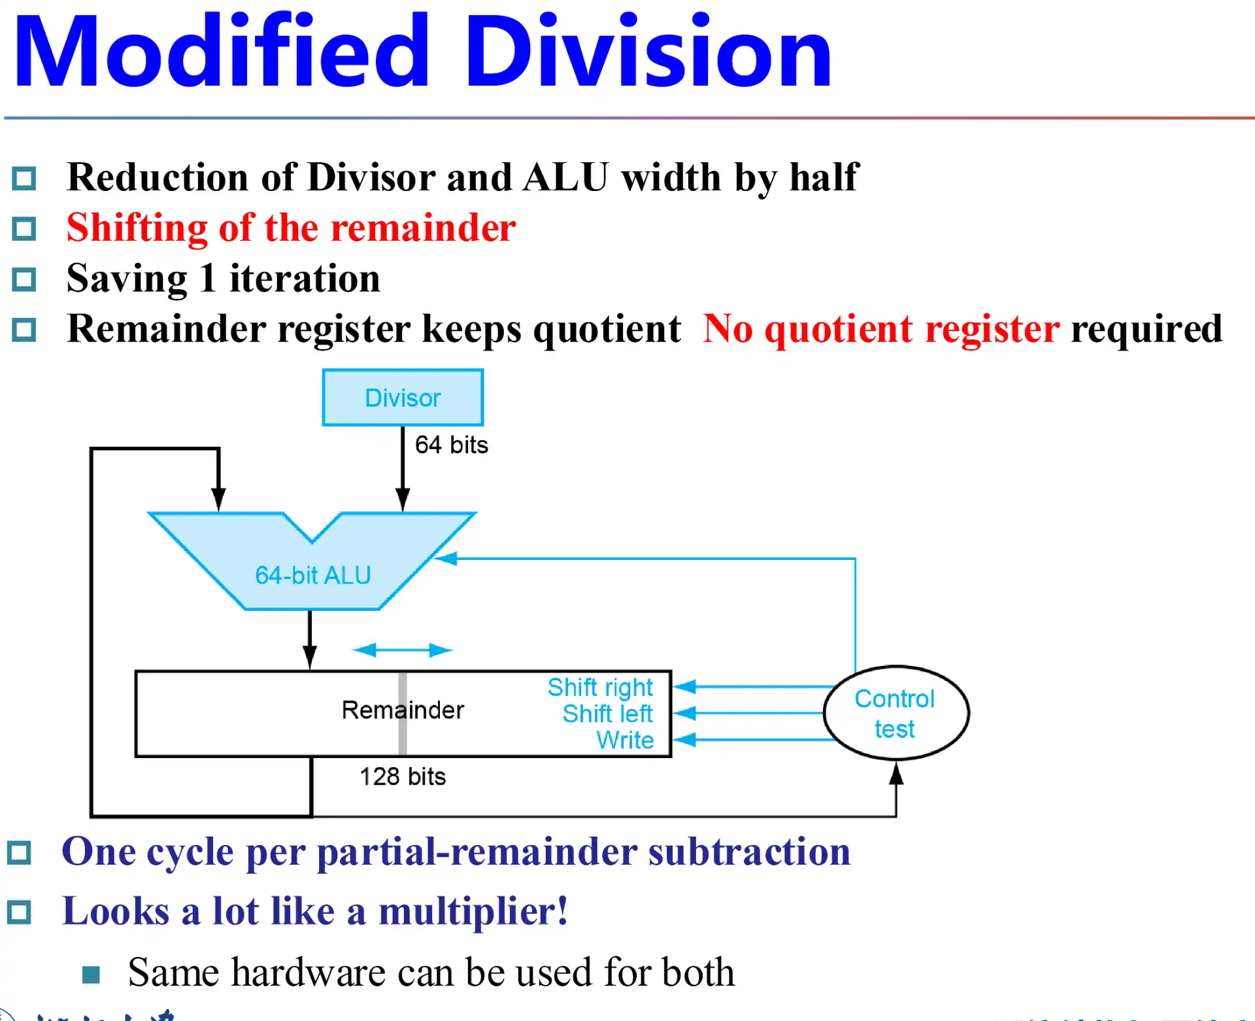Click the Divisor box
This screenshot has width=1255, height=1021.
pyautogui.click(x=403, y=398)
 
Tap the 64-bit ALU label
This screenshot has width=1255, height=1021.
pyautogui.click(x=312, y=576)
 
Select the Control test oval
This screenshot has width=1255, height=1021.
pyautogui.click(x=895, y=713)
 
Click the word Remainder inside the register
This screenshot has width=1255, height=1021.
pyautogui.click(x=402, y=710)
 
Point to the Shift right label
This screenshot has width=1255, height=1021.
pyautogui.click(x=600, y=687)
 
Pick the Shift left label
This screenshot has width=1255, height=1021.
pyautogui.click(x=607, y=714)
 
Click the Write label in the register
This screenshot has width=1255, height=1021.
pyautogui.click(x=625, y=740)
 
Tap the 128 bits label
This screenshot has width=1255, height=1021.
pyautogui.click(x=403, y=776)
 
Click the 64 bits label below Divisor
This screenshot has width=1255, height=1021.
pyautogui.click(x=451, y=445)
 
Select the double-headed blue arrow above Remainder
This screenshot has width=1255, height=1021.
pyautogui.click(x=402, y=650)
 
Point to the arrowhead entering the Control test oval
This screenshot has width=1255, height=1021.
pyautogui.click(x=896, y=773)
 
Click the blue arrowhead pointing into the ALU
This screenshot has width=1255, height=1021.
pyautogui.click(x=446, y=559)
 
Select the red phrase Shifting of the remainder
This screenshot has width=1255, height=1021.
pyautogui.click(x=291, y=228)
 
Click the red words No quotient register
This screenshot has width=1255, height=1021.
pyautogui.click(x=880, y=328)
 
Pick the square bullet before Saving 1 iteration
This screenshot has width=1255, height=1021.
pyautogui.click(x=24, y=279)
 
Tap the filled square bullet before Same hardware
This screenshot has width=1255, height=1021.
pyautogui.click(x=91, y=975)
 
